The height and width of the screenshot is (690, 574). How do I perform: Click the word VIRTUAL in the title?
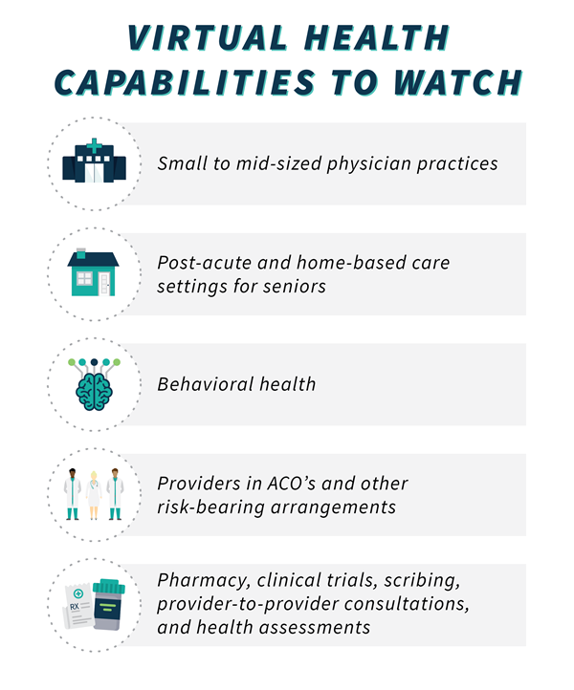click(x=207, y=38)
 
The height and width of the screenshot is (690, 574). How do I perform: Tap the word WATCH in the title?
click(x=458, y=82)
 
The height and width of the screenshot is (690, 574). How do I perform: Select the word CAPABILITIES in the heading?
click(x=185, y=82)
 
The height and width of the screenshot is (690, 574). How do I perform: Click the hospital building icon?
click(x=95, y=161)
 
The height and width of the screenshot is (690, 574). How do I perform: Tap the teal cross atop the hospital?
click(x=95, y=145)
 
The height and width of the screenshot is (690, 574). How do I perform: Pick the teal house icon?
click(x=94, y=272)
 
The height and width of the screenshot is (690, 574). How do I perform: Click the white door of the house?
click(x=104, y=284)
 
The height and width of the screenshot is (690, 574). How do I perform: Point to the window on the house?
click(x=84, y=278)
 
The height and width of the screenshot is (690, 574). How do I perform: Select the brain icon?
click(x=95, y=385)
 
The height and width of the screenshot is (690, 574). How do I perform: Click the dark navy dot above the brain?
click(x=95, y=362)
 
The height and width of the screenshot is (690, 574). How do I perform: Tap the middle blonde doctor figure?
click(x=94, y=495)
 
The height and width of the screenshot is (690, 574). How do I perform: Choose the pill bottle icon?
click(x=109, y=605)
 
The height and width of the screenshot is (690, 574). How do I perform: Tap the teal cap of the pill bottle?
click(x=109, y=586)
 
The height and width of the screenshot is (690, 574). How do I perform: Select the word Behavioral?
click(x=206, y=384)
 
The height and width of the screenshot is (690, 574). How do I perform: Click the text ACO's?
click(x=292, y=484)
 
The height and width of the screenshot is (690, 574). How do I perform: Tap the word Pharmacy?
click(x=204, y=581)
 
